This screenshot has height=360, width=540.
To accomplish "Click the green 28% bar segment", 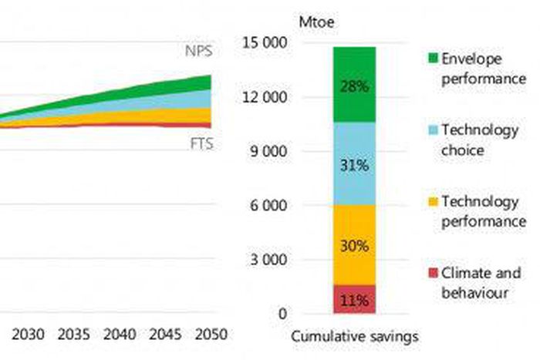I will pyautogui.click(x=354, y=85).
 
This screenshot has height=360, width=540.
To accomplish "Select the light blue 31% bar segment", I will pyautogui.click(x=354, y=163).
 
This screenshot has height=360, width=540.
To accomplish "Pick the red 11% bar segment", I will pyautogui.click(x=354, y=299).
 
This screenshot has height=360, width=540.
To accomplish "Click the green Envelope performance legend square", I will pyautogui.click(x=433, y=58).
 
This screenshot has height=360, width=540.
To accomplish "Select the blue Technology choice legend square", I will pyautogui.click(x=433, y=130).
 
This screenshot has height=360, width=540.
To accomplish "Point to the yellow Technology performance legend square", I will pyautogui.click(x=433, y=201).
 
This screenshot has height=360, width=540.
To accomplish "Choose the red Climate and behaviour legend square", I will pyautogui.click(x=433, y=272).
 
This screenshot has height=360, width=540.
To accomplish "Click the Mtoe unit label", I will pyautogui.click(x=313, y=19).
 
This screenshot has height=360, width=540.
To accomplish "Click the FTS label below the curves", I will pyautogui.click(x=200, y=144).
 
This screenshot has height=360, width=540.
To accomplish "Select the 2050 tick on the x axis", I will pyautogui.click(x=211, y=335).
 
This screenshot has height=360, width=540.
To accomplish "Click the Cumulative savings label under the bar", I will pyautogui.click(x=355, y=336).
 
